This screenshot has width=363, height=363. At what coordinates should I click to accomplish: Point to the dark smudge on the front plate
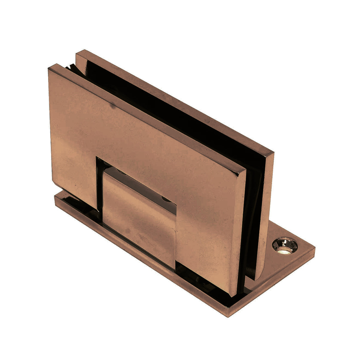pyautogui.click(x=113, y=105)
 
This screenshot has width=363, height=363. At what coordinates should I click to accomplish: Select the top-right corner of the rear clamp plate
pyautogui.click(x=273, y=152)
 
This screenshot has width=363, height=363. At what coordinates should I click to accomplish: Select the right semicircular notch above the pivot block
pyautogui.click(x=164, y=198)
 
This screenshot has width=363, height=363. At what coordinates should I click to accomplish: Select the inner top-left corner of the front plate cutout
pyautogui.click(x=97, y=157)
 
